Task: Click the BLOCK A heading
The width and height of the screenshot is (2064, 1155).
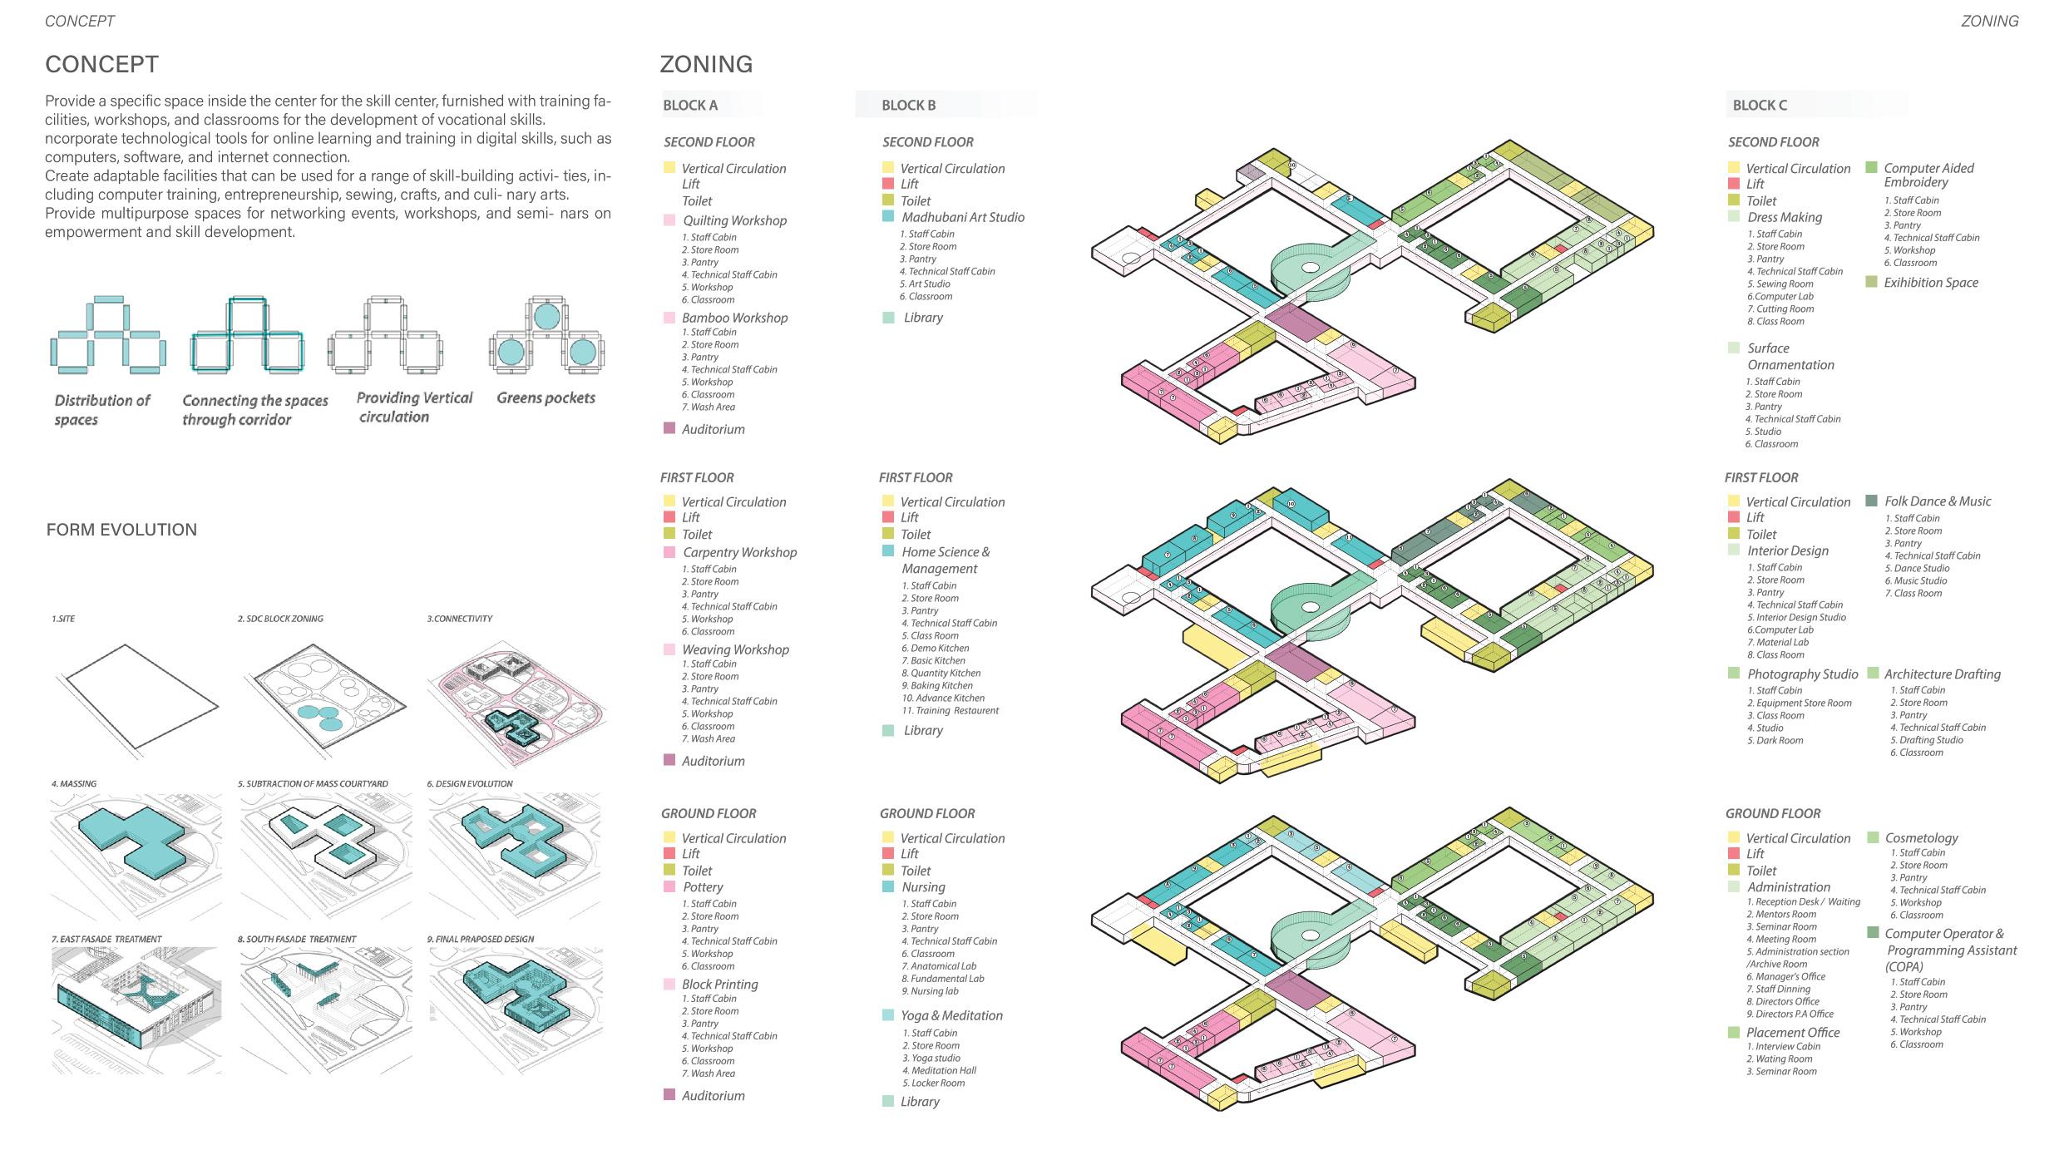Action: pyautogui.click(x=690, y=106)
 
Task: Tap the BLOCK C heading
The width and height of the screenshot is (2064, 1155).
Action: pyautogui.click(x=1759, y=106)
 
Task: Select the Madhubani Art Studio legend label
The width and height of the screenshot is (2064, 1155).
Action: pyautogui.click(x=962, y=218)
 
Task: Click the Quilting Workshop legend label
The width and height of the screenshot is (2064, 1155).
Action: pyautogui.click(x=734, y=221)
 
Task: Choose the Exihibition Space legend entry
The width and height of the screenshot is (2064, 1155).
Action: pyautogui.click(x=1930, y=284)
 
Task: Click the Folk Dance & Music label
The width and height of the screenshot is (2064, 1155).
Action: pyautogui.click(x=1937, y=501)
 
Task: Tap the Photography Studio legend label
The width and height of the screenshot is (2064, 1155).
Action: pyautogui.click(x=1802, y=674)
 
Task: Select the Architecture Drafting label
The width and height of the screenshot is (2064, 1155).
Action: pyautogui.click(x=1942, y=674)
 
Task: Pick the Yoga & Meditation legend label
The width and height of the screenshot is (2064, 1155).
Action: pyautogui.click(x=951, y=1016)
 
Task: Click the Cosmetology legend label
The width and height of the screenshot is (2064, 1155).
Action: pyautogui.click(x=1921, y=838)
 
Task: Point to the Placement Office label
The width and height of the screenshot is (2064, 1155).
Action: pyautogui.click(x=1792, y=1033)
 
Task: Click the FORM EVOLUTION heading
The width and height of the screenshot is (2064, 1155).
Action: pyautogui.click(x=121, y=531)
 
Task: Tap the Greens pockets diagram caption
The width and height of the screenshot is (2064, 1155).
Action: pyautogui.click(x=546, y=398)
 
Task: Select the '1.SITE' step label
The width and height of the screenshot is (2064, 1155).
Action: pyautogui.click(x=63, y=619)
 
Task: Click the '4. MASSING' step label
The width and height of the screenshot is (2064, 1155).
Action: pyautogui.click(x=74, y=783)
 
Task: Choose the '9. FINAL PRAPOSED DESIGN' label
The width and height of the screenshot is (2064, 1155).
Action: pyautogui.click(x=480, y=940)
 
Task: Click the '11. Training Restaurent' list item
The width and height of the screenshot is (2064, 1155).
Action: pyautogui.click(x=950, y=711)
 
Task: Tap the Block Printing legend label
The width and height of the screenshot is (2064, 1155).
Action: pyautogui.click(x=719, y=985)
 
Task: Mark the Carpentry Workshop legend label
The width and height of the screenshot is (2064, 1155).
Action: pyautogui.click(x=739, y=553)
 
